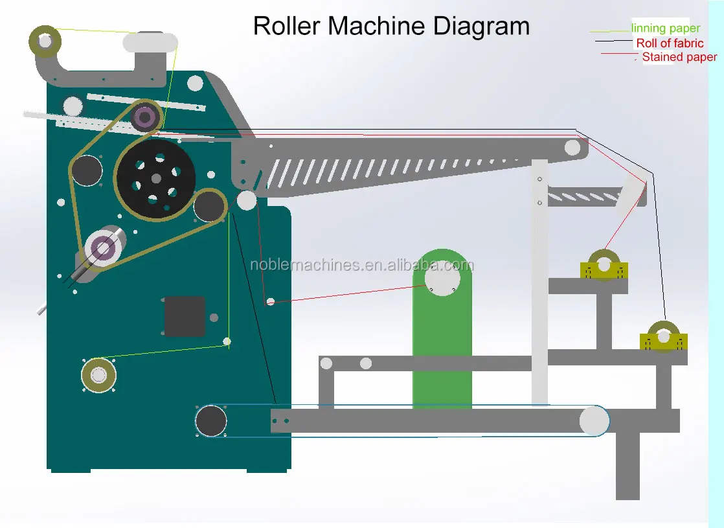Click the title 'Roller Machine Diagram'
click(391, 26)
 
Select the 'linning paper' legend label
click(665, 29)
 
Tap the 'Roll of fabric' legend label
click(670, 43)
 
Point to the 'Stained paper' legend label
click(679, 57)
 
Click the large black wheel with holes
click(155, 179)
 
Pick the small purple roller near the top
click(145, 118)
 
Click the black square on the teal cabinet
click(185, 316)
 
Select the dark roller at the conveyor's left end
click(211, 421)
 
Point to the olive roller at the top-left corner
click(45, 41)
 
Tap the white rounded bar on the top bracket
click(150, 43)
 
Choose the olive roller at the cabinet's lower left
click(98, 374)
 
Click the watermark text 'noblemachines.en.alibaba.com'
click(361, 265)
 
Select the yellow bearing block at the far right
click(663, 339)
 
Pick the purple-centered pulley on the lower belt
click(103, 247)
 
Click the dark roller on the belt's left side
click(87, 171)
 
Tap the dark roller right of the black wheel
click(209, 206)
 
